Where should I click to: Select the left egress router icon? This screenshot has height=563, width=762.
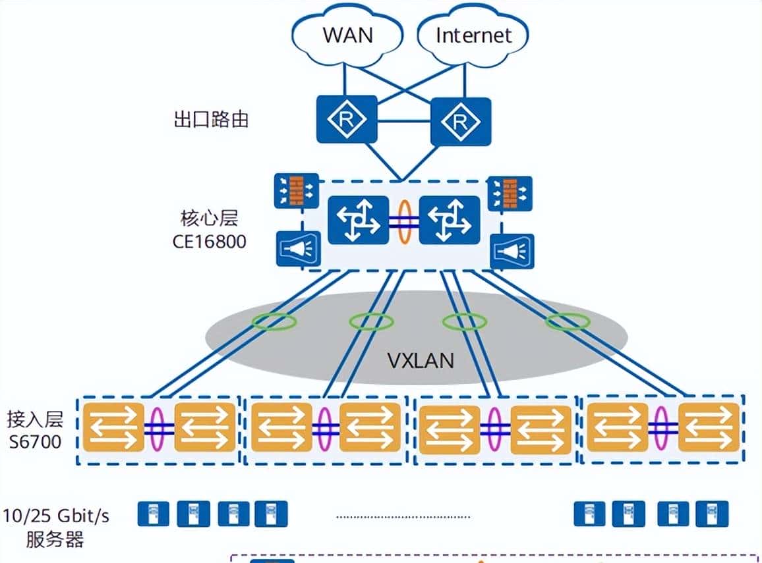(x=347, y=119)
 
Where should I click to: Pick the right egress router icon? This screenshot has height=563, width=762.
(x=461, y=121)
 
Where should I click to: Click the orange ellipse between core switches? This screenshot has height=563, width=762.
(x=405, y=223)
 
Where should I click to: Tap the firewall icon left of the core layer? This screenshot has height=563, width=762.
(x=296, y=192)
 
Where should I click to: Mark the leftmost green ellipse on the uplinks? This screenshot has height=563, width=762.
(x=274, y=322)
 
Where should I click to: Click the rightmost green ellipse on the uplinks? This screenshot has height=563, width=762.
(x=567, y=322)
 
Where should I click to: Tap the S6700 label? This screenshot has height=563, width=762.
(x=35, y=441)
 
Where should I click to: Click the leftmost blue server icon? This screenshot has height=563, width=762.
(x=153, y=514)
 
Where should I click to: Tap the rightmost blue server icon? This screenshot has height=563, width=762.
(x=711, y=514)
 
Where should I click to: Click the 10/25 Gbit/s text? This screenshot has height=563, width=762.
(x=55, y=516)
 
